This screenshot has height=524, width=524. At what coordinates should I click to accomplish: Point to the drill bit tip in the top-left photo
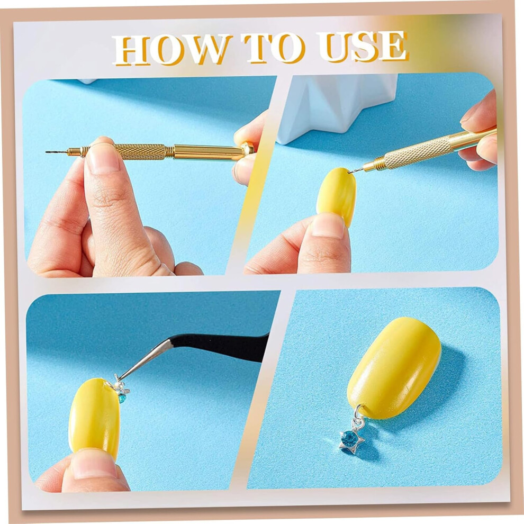click(47, 152)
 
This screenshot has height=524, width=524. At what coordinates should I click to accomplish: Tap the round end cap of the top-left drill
click(248, 149)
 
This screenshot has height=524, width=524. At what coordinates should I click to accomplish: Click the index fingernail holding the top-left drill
click(102, 157)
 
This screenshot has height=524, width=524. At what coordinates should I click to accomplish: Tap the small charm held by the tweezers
click(121, 389)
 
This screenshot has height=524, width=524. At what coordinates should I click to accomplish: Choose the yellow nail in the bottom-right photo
click(394, 368)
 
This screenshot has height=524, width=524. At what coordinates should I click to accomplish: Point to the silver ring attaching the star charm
click(358, 411)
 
